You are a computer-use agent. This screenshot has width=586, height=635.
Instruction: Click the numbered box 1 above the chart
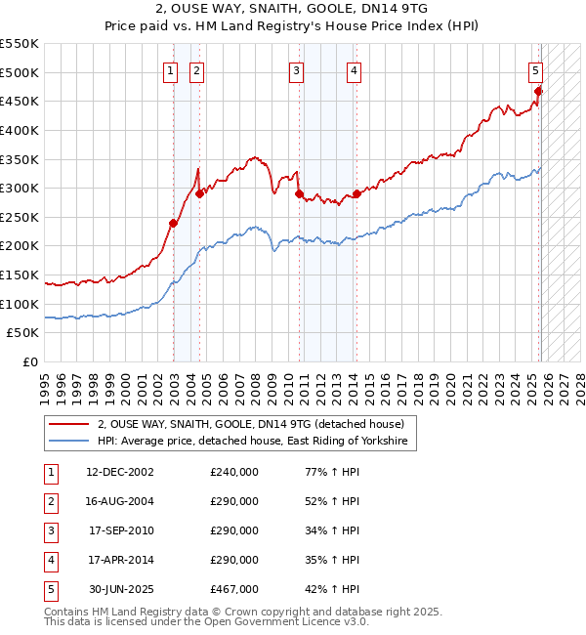pyautogui.click(x=170, y=69)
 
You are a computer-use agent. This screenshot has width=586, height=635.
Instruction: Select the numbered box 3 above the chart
pyautogui.click(x=295, y=69)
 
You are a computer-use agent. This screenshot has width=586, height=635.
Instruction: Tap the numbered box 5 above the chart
pyautogui.click(x=536, y=69)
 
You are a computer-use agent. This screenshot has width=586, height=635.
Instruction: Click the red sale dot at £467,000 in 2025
pyautogui.click(x=538, y=91)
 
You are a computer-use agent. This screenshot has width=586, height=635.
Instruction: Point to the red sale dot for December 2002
pyautogui.click(x=173, y=223)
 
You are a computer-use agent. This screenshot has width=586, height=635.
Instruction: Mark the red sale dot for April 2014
pyautogui.click(x=356, y=193)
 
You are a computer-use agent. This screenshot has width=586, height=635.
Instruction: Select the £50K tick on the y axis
pyautogui.click(x=23, y=333)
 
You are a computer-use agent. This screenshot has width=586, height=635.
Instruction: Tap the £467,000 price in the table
pyautogui.click(x=234, y=589)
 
